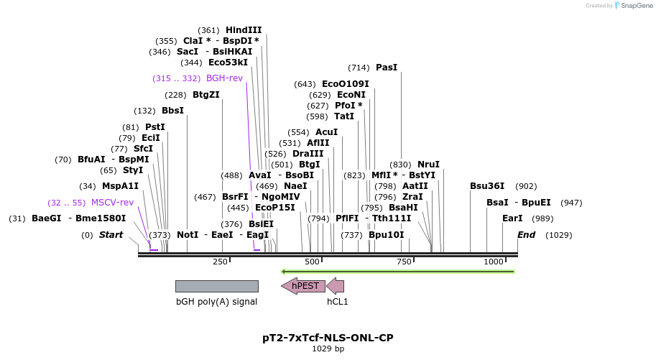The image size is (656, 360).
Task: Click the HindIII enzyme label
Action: click(244, 30)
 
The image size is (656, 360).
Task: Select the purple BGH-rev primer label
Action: click(224, 78)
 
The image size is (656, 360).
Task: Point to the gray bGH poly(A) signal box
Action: click(216, 286)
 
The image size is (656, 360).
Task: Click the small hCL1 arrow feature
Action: click(336, 286)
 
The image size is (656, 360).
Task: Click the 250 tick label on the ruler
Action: click(221, 262)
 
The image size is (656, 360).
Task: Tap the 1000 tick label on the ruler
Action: click(494, 262)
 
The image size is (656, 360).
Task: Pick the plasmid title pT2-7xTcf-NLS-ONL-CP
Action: click(328, 337)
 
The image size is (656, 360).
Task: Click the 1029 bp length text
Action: click(328, 349)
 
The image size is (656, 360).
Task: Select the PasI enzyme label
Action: click(387, 68)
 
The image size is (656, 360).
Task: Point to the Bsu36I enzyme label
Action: click(487, 186)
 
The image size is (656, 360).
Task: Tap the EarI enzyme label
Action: click(512, 218)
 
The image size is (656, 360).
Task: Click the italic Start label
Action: click(111, 235)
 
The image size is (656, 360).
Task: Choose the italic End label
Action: click(527, 235)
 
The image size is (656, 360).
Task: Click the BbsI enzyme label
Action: click(172, 111)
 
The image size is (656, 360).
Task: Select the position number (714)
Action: click(359, 68)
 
